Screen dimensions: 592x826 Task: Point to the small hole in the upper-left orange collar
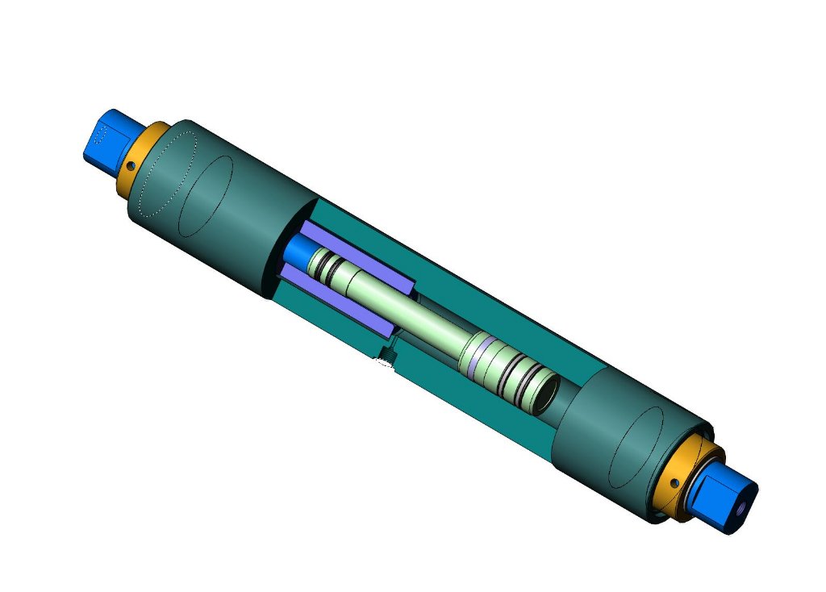tap(131, 167)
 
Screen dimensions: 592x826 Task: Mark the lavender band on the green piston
tap(479, 354)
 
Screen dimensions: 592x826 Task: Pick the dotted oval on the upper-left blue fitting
tap(101, 135)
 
